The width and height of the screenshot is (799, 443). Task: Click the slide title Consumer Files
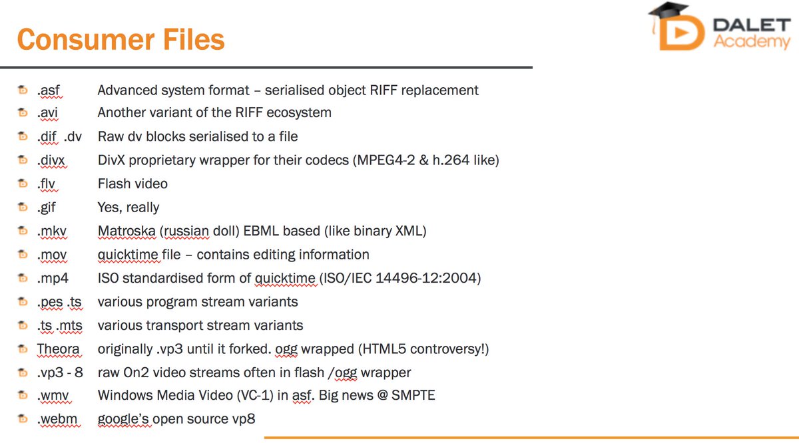tap(121, 39)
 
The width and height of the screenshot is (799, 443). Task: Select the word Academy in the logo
tap(752, 42)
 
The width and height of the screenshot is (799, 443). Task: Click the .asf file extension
tap(49, 90)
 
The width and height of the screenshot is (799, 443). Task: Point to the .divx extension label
tap(52, 160)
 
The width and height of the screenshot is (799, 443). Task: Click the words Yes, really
tap(129, 208)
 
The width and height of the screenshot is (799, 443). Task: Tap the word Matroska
tap(127, 231)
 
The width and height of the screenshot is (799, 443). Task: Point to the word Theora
tap(58, 349)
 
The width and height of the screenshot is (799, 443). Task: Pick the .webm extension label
tap(57, 419)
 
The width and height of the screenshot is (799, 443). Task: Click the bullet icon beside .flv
tap(23, 184)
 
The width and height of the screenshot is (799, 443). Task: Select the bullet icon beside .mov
tap(23, 255)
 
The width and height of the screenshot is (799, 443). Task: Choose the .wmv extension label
tap(53, 396)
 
